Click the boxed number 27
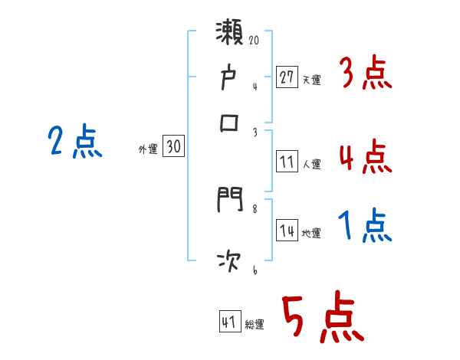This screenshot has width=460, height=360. point(287,77)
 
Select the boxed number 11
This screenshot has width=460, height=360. point(287,162)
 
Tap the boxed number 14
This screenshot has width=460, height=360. point(287,232)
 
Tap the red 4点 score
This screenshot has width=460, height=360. point(365,159)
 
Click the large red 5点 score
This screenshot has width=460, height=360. point(323,318)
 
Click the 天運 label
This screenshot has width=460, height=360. point(311,80)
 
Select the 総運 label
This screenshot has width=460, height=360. point(255,325)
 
